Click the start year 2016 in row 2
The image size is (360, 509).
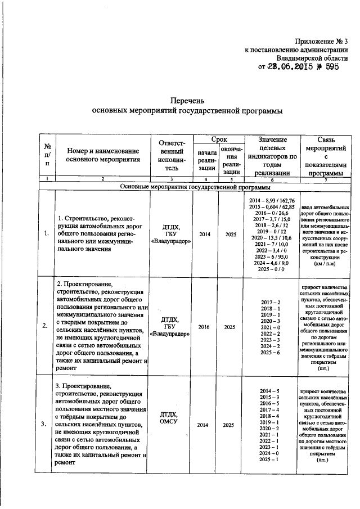(202, 326)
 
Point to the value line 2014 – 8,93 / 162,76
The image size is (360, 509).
(272, 200)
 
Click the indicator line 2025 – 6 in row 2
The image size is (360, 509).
(271, 352)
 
